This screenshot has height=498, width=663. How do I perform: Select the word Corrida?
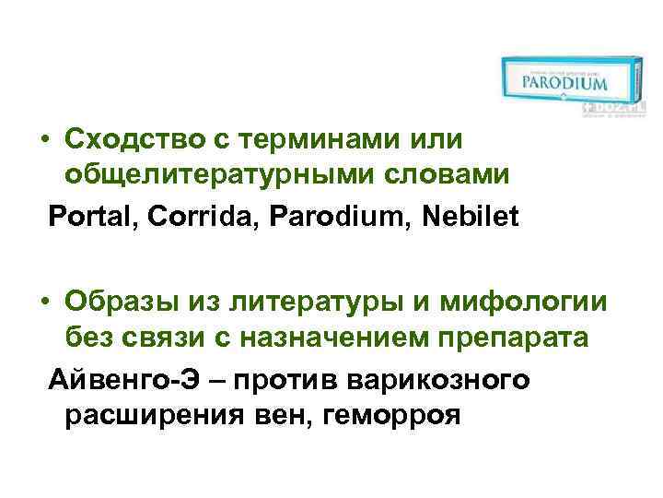181,218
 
